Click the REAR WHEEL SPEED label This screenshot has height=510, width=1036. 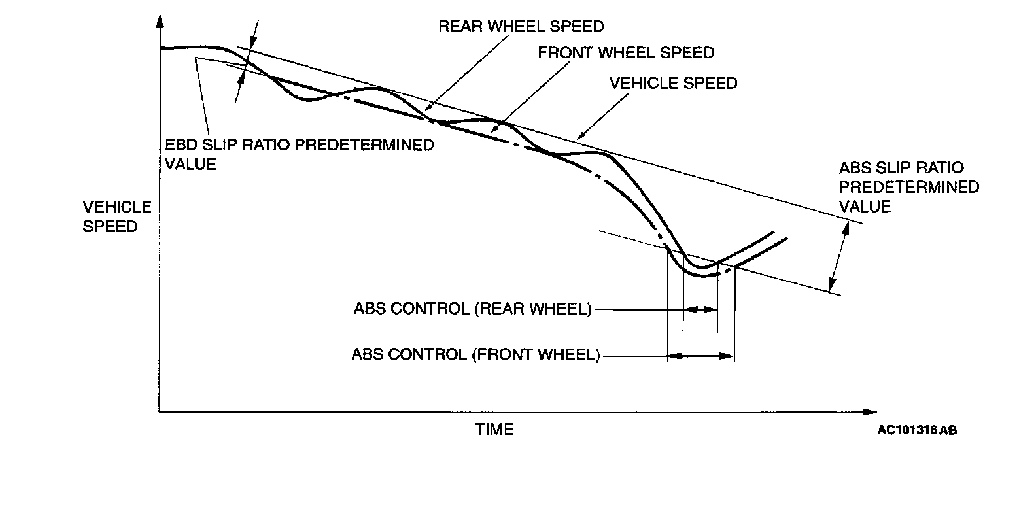pos(521,26)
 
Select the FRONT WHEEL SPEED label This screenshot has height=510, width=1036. pos(626,52)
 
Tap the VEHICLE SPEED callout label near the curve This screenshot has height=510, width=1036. pos(673,84)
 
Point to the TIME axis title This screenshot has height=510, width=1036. pos(494,430)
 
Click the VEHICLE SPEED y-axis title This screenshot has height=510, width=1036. pos(117,217)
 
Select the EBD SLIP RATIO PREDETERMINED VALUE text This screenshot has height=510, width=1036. pos(299,154)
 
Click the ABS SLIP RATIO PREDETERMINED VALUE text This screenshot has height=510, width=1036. pos(908,188)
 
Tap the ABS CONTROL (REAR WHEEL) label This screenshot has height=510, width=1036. pos(472,309)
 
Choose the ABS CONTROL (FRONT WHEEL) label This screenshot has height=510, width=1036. pos(475,354)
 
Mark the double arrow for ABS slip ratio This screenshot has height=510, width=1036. pos(839,256)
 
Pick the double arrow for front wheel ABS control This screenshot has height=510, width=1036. pos(700,356)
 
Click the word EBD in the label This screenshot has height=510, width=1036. pos(180,144)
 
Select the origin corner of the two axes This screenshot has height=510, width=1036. pos(160,412)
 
